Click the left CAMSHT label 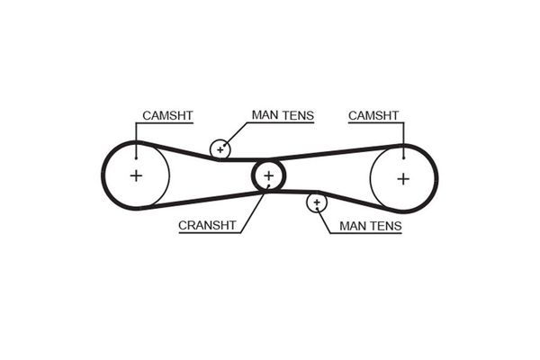click(x=167, y=116)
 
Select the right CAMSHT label click(x=374, y=116)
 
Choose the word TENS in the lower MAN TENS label click(x=386, y=228)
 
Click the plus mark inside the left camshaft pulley click(x=136, y=175)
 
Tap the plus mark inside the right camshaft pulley click(x=402, y=177)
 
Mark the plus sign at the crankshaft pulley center click(x=268, y=175)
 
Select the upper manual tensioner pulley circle click(x=220, y=148)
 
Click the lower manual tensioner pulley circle click(x=316, y=203)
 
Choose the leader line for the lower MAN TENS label click(x=326, y=220)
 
